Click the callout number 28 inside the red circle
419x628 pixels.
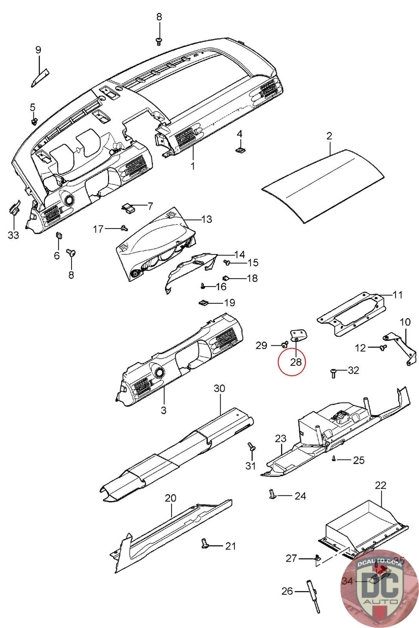coord(296,361)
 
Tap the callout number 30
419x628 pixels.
coord(220,389)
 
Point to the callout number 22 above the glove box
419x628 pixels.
coord(381,485)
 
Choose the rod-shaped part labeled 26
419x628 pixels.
coord(315,592)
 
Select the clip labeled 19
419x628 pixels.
coord(203,303)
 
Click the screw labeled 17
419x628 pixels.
coord(124,228)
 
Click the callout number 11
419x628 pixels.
coord(398,294)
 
